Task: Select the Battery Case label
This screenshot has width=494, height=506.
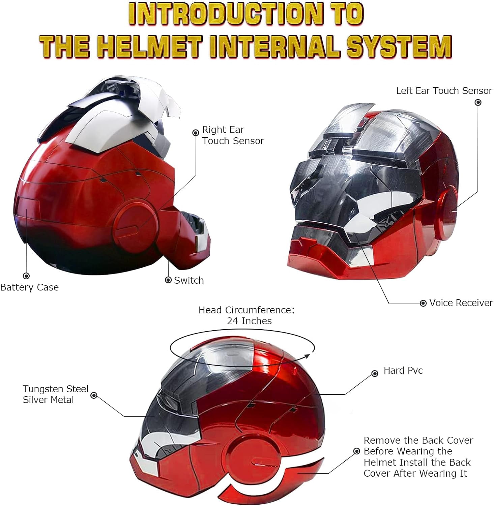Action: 29,287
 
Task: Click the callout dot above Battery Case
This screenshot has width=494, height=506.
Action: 26,276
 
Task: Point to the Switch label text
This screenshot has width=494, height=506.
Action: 189,280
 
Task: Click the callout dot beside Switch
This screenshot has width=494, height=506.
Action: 168,280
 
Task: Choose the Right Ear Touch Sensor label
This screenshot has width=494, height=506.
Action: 233,135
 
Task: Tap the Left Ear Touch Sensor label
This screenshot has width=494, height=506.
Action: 444,91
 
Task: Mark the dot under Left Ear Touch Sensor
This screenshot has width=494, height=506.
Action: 478,102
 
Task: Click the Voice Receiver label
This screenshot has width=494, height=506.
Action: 461,303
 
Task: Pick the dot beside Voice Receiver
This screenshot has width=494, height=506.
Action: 423,303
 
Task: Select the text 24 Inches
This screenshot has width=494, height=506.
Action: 249,321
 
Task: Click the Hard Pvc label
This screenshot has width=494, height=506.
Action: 403,370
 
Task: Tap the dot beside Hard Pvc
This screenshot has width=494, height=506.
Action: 375,373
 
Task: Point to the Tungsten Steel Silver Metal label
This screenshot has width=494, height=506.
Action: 56,394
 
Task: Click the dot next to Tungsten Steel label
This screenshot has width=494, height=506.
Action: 94,395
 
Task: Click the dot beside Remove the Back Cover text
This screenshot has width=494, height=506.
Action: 357,451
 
